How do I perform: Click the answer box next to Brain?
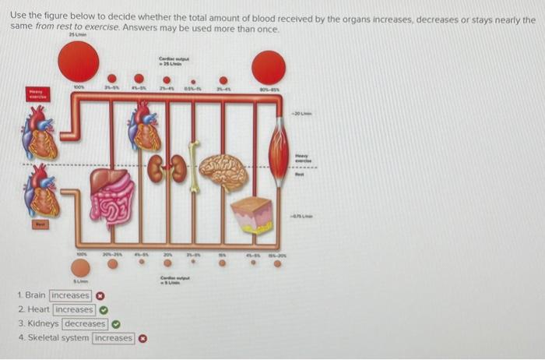(70, 296)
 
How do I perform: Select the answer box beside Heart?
(74, 310)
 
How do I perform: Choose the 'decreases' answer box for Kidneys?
(85, 324)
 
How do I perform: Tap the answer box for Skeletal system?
(114, 338)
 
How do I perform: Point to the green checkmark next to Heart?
(103, 310)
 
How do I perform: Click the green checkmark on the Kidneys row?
(116, 324)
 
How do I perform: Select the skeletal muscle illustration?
(279, 148)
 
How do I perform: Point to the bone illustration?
(194, 165)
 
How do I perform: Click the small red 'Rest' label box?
(38, 224)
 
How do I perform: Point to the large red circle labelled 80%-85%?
(269, 68)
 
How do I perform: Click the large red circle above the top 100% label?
(79, 61)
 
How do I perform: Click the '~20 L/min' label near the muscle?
(301, 113)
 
